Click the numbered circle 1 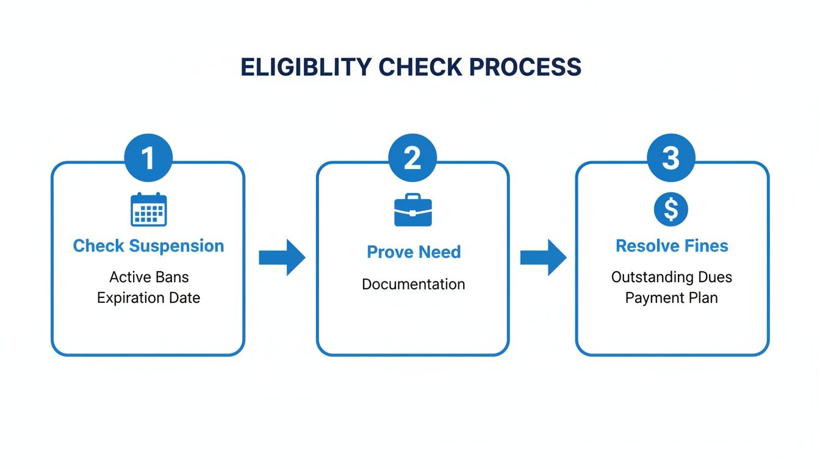click(x=148, y=158)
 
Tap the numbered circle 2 click(x=412, y=158)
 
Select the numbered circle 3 click(x=671, y=158)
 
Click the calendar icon click(x=149, y=209)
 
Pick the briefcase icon click(x=413, y=210)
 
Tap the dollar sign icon click(x=671, y=210)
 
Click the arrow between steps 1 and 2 click(x=281, y=257)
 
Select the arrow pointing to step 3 click(x=542, y=257)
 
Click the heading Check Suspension click(x=148, y=246)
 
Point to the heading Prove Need click(x=414, y=252)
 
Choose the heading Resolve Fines click(x=672, y=246)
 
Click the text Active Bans click(x=149, y=277)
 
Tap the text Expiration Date click(x=149, y=298)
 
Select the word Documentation click(x=413, y=284)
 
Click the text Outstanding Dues click(x=671, y=277)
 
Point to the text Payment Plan click(x=671, y=298)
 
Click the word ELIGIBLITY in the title click(x=305, y=67)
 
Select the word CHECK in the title click(x=419, y=67)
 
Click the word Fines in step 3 click(x=707, y=246)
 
